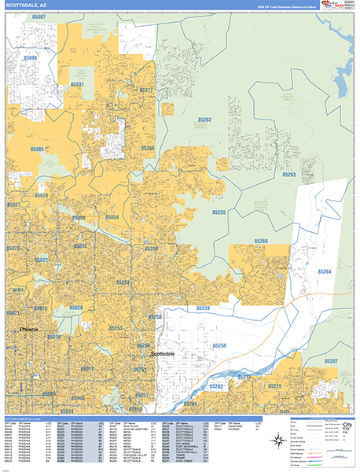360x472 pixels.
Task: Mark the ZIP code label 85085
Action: click(x=37, y=149)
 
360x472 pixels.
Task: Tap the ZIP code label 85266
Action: click(x=148, y=148)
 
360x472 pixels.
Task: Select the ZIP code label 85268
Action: click(x=260, y=241)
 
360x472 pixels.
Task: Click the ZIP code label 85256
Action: click(x=219, y=345)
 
